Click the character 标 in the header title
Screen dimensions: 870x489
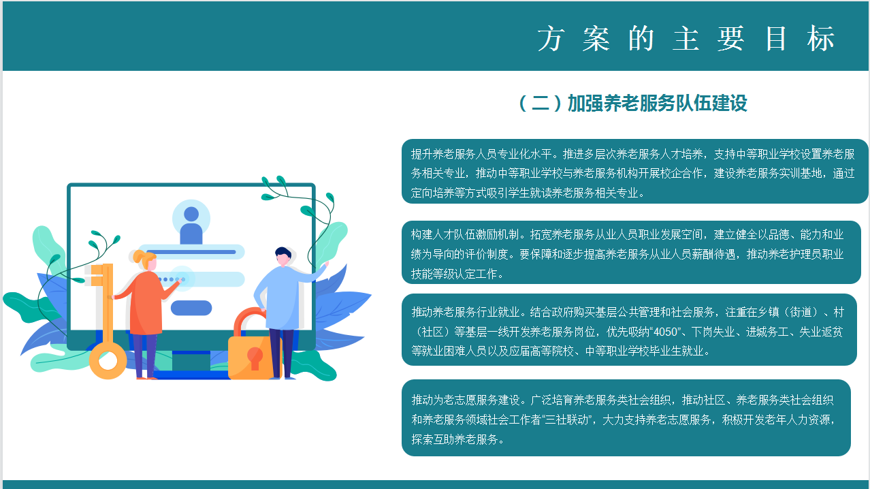click(x=820, y=39)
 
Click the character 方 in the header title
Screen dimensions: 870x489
click(x=551, y=39)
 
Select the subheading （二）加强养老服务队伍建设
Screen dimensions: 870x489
click(x=633, y=104)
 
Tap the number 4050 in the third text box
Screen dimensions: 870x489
click(x=666, y=332)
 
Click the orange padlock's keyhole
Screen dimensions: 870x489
click(x=255, y=358)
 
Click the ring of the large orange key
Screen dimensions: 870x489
click(x=108, y=361)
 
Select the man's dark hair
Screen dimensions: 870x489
click(x=283, y=252)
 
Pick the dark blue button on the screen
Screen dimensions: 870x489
click(x=191, y=308)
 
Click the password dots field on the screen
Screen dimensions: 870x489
click(x=202, y=279)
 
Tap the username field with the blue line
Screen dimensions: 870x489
click(x=191, y=252)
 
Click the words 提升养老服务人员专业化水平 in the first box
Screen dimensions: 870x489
click(x=481, y=155)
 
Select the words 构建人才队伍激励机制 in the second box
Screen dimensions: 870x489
click(x=466, y=234)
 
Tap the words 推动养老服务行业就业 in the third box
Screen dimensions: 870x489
click(x=466, y=312)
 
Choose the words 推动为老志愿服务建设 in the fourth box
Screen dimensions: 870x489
click(x=466, y=400)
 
